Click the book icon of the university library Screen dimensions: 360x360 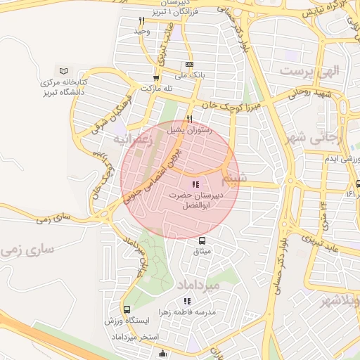click(65, 72)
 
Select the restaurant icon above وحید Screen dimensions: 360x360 click(141, 21)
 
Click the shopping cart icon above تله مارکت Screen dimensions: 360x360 click(156, 78)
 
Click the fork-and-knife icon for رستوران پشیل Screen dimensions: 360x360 click(189, 119)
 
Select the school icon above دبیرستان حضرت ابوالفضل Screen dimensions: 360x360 click(195, 184)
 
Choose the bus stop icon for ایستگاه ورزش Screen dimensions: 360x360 click(127, 309)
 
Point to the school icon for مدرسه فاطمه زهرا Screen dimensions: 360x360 click(187, 301)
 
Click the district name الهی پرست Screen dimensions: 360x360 click(309, 71)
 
